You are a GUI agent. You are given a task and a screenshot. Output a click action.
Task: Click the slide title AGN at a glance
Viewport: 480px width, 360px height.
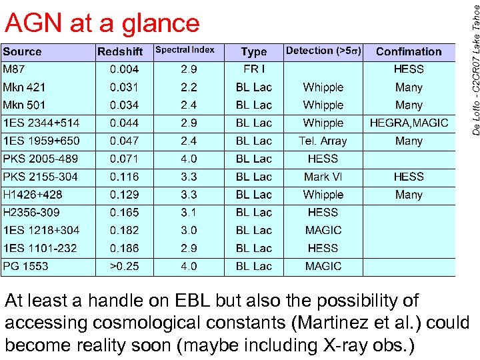102,23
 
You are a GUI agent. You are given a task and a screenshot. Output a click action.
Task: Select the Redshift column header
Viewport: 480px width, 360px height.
120,51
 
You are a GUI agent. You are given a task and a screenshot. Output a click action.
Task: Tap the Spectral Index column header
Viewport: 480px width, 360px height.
185,50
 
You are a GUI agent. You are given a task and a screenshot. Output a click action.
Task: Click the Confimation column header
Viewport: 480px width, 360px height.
409,51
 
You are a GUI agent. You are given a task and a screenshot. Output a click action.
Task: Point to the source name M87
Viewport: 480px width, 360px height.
15,69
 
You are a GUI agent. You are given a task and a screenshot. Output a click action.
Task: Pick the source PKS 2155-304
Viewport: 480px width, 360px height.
40,177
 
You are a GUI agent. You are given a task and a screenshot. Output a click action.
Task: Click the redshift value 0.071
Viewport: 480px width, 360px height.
125,159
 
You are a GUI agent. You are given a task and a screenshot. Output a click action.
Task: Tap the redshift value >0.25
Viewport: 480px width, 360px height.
125,266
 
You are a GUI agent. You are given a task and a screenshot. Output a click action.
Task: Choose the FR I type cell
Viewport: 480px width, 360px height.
254,69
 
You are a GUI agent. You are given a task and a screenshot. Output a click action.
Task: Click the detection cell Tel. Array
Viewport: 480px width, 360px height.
323,141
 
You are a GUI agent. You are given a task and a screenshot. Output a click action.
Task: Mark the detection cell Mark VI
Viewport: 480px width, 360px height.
323,177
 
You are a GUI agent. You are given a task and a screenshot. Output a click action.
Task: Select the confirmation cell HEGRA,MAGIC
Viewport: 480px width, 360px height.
409,123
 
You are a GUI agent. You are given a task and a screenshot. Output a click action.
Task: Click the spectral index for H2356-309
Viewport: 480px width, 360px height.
189,213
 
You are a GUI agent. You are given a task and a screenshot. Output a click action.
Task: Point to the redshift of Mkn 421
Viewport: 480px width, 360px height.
125,87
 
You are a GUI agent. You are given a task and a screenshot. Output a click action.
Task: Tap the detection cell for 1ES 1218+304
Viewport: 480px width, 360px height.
323,230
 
